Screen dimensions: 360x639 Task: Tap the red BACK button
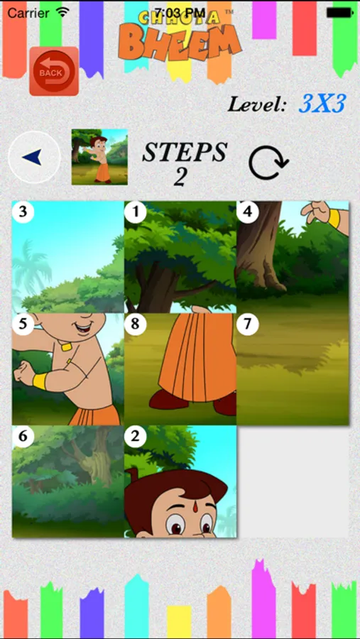click(54, 71)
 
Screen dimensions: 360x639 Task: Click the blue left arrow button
click(34, 157)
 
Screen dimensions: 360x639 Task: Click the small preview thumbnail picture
click(99, 157)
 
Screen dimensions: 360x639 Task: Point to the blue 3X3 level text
click(322, 104)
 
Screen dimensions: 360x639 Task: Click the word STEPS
click(185, 153)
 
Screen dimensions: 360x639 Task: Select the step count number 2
click(180, 177)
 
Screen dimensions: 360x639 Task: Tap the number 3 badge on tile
click(23, 212)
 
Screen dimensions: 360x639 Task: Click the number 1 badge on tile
click(135, 212)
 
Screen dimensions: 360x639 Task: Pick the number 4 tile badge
click(248, 212)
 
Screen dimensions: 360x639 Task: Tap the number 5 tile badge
click(23, 324)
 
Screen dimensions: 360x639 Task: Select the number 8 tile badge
click(135, 324)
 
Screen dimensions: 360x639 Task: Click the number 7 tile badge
click(248, 324)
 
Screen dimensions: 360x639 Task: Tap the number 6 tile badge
click(23, 437)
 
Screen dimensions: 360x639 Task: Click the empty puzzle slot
click(293, 481)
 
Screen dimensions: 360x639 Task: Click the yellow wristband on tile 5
click(40, 381)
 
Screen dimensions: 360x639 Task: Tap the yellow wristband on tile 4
click(334, 219)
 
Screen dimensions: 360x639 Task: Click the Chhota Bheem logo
click(180, 35)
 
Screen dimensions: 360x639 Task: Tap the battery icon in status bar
click(339, 13)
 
